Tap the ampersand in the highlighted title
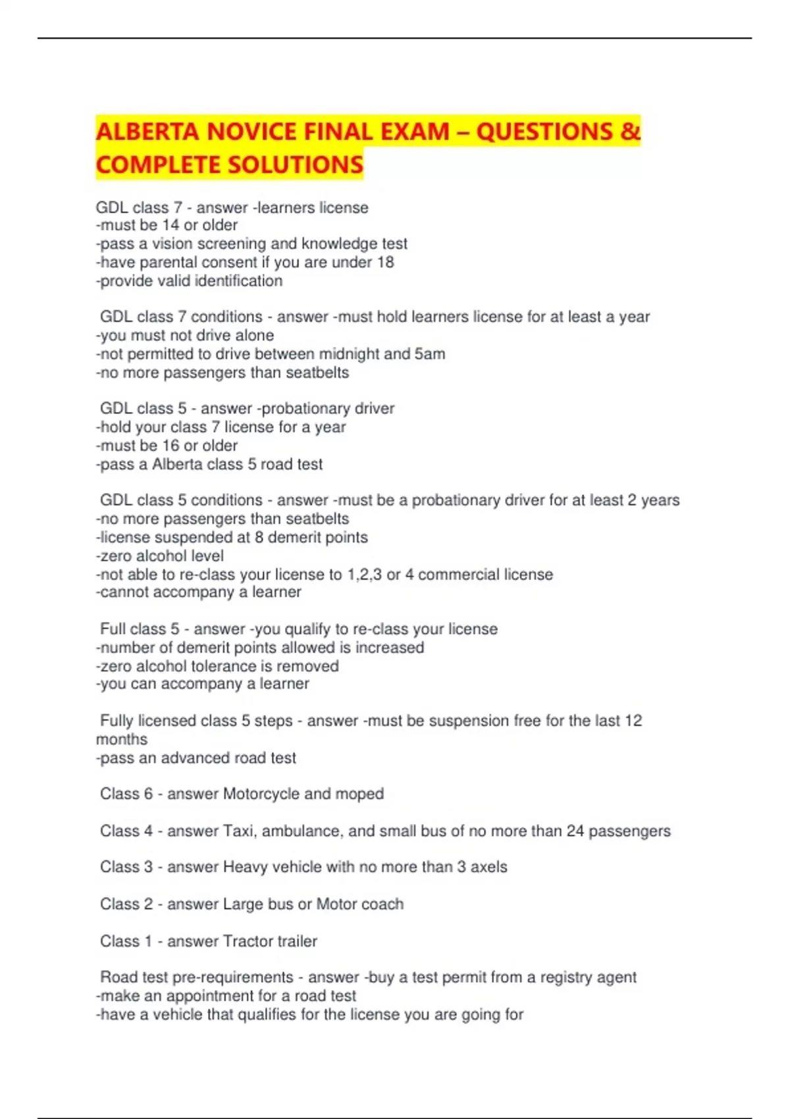[630, 132]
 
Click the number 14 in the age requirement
[171, 225]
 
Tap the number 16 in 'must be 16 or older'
[171, 446]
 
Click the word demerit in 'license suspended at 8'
[292, 537]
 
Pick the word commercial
[458, 575]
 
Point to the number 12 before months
[633, 721]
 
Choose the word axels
[488, 867]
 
